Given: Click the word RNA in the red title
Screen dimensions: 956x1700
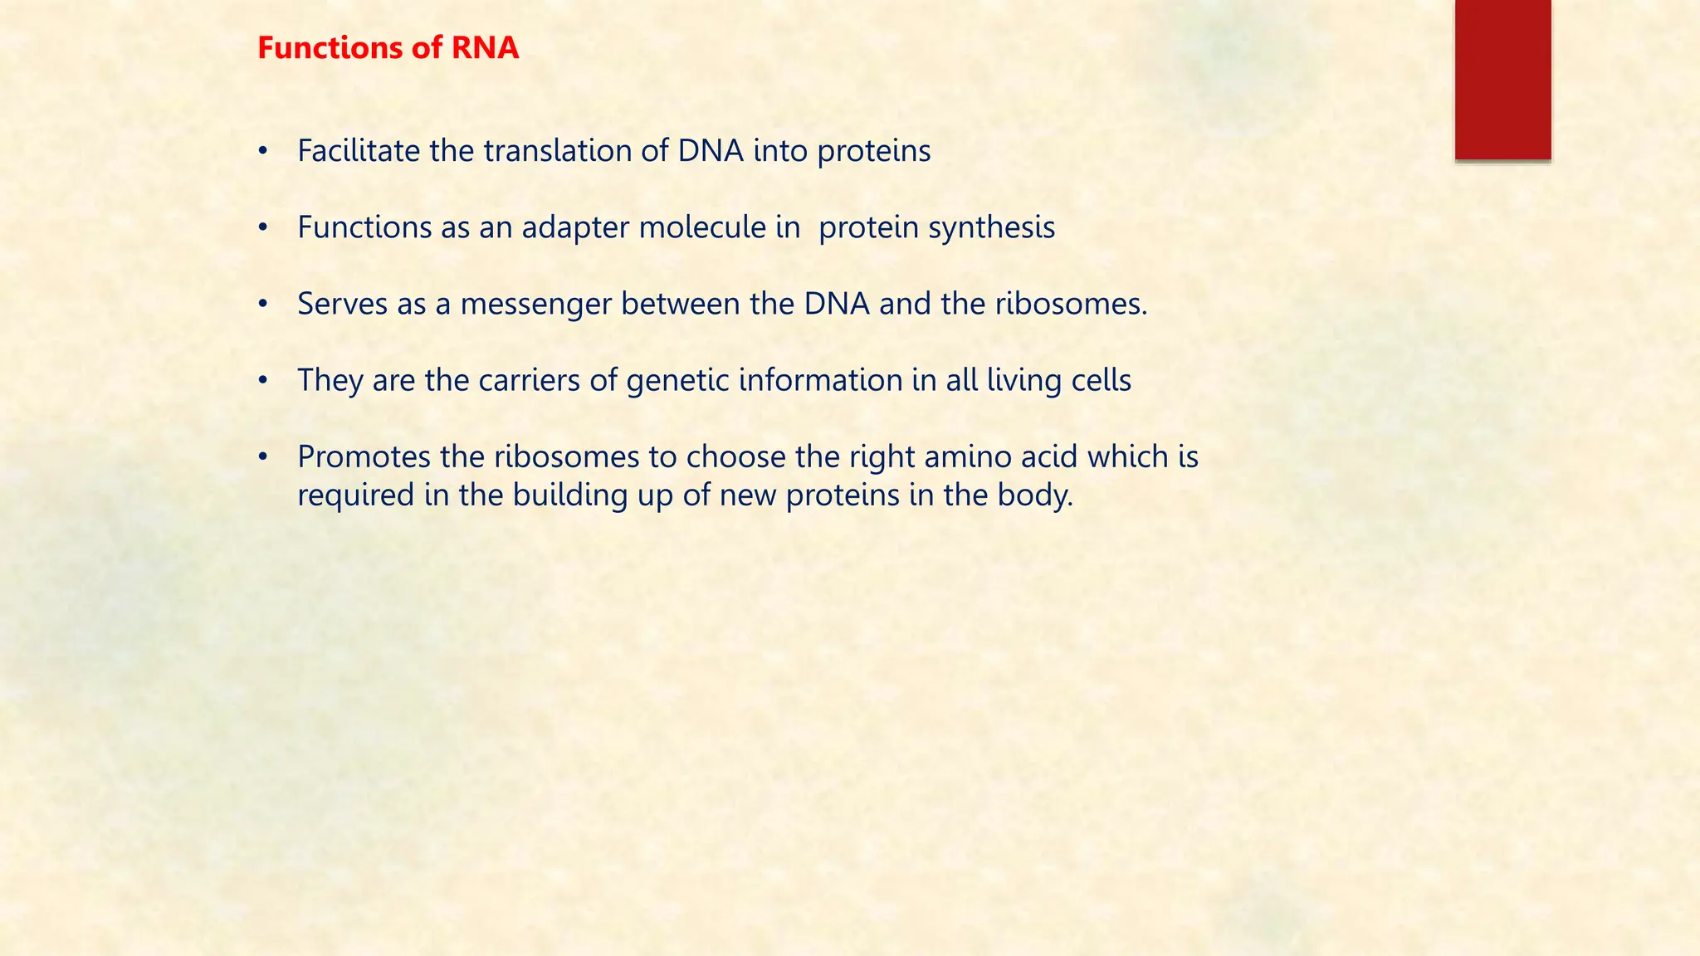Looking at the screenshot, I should coord(485,48).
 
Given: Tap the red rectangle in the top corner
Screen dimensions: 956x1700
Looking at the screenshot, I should coord(1502,79).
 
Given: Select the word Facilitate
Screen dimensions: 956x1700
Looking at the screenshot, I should coord(359,151).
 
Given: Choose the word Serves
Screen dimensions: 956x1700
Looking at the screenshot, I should coord(342,305).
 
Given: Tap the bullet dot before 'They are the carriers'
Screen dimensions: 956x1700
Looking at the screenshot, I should coord(263,381).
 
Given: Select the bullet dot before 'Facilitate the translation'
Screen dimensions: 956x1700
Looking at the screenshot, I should coord(263,152).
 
